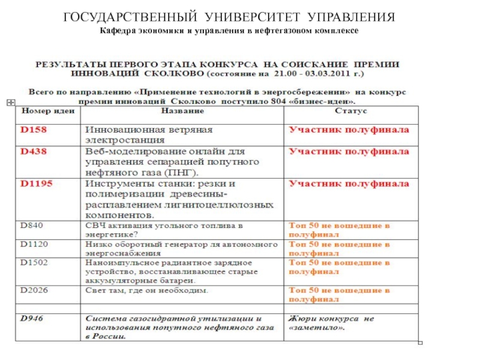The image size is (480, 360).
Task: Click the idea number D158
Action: [x=34, y=129]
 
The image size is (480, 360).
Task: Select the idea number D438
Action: [x=34, y=152]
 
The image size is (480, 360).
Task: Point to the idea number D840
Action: [x=32, y=226]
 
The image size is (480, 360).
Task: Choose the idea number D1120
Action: [x=34, y=244]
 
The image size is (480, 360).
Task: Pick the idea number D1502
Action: [x=34, y=262]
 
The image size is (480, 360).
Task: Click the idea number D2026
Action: [x=34, y=290]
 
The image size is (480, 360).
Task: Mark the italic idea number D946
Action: [x=34, y=319]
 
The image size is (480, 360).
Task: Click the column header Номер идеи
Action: [x=49, y=112]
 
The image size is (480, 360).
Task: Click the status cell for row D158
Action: [x=349, y=129]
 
